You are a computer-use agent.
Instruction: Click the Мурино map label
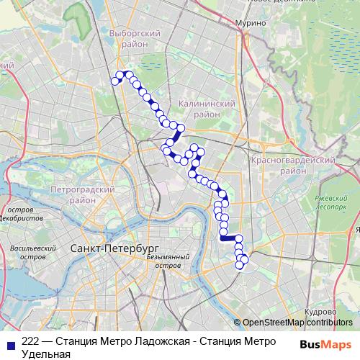(251, 23)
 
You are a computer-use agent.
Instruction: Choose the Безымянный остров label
(167, 261)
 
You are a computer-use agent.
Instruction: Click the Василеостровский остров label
(33, 252)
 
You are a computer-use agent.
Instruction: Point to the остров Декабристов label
(22, 214)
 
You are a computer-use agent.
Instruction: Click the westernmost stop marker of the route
(114, 81)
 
